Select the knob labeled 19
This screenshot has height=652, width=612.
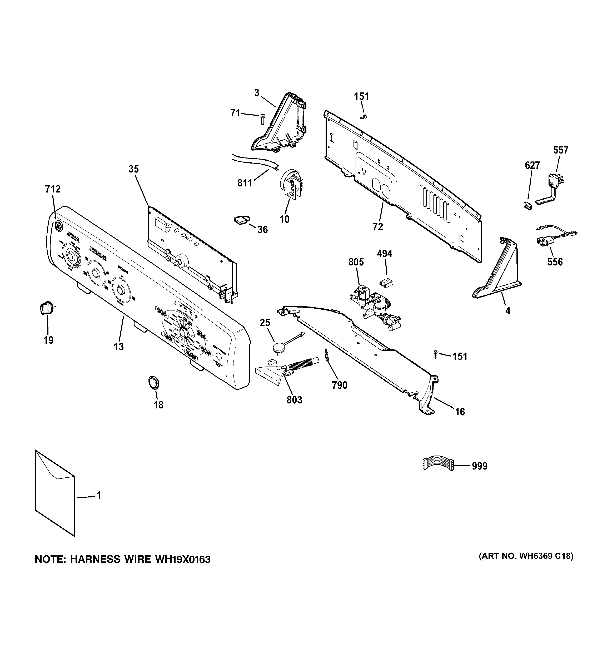[x=46, y=309]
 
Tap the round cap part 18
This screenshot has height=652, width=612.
[x=153, y=382]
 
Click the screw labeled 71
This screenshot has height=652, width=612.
[x=262, y=119]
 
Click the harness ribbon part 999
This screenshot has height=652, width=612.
[x=437, y=465]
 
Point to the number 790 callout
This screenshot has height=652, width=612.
[x=339, y=385]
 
